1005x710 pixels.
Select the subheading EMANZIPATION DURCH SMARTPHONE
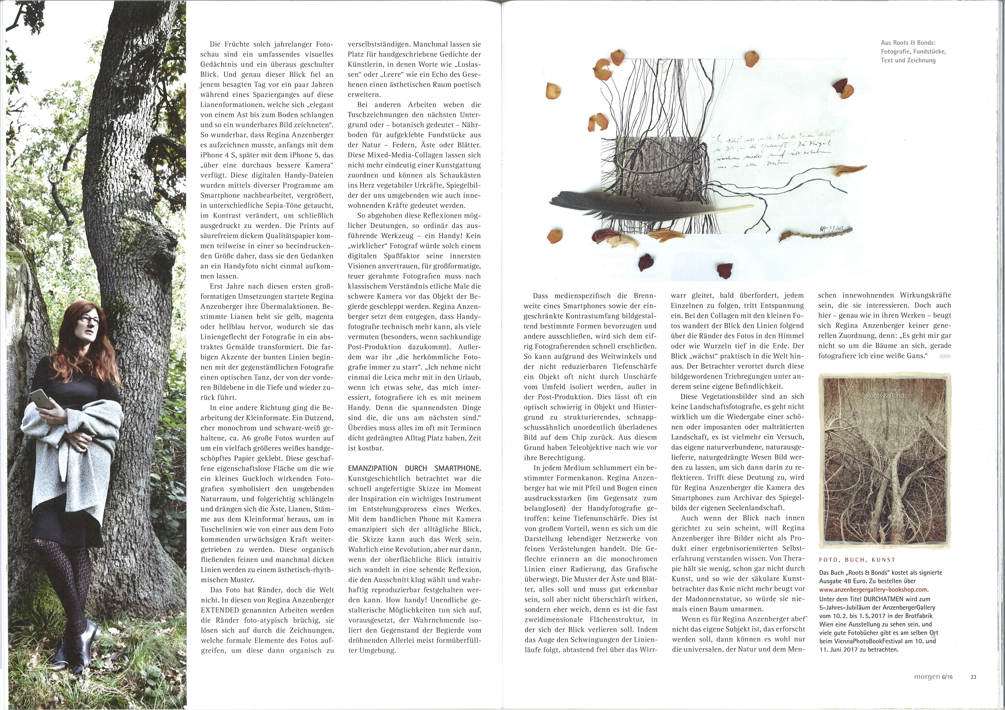pyautogui.click(x=414, y=468)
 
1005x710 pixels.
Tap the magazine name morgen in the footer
pyautogui.click(x=927, y=677)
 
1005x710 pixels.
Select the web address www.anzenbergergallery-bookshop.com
pyautogui.click(x=874, y=589)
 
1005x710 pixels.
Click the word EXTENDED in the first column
pyautogui.click(x=220, y=610)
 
